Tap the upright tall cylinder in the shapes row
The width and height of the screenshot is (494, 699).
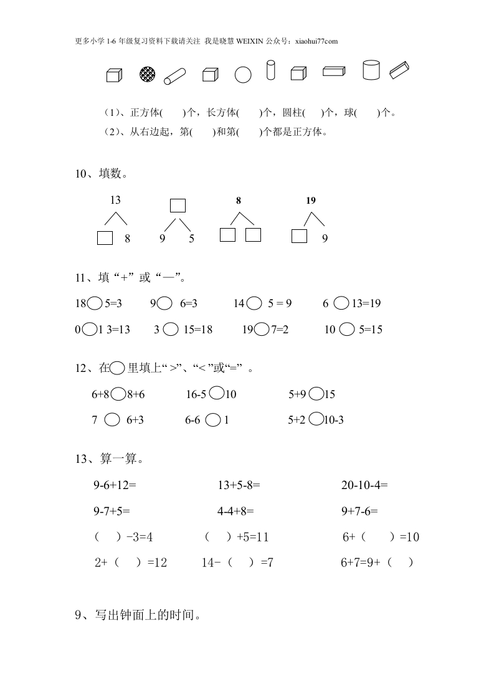pos(270,70)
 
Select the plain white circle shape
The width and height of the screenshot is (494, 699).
pos(243,75)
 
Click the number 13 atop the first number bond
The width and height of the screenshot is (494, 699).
pos(115,200)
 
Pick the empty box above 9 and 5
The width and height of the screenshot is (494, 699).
pos(178,206)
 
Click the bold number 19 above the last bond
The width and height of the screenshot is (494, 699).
pos(311,200)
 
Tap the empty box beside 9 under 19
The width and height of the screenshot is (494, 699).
pos(300,236)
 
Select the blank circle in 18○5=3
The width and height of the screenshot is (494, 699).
pos(95,303)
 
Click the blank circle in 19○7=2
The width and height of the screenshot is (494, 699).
pos(262,329)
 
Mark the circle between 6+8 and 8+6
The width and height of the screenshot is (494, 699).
pos(118,394)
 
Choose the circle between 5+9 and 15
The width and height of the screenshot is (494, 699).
pos(316,394)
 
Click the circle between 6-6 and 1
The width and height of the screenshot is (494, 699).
pos(212,420)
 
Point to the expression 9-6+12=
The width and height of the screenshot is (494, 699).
pos(115,485)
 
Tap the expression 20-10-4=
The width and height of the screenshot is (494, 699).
pos(364,485)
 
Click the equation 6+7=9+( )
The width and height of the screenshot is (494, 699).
pos(377,563)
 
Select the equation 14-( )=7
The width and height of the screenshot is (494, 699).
pos(237,563)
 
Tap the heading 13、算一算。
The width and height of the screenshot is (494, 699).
pos(110,460)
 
